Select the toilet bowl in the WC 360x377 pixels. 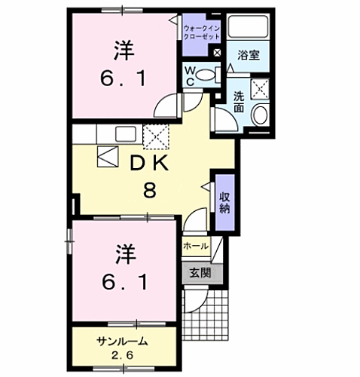point(210,74)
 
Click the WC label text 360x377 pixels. point(191,76)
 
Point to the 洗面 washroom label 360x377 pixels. point(239,102)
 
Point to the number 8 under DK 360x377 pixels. point(150,190)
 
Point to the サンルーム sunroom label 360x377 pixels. point(122,341)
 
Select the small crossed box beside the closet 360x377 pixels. point(217,54)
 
